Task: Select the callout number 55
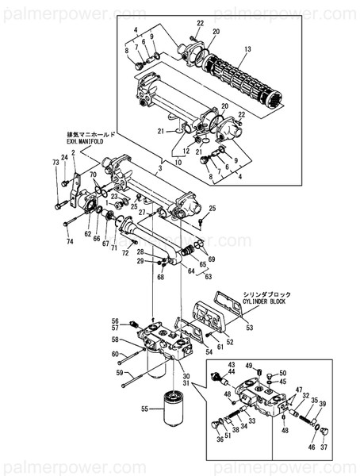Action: tap(144, 409)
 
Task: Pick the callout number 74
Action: tap(70, 241)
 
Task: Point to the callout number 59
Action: tap(120, 372)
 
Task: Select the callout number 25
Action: tap(212, 208)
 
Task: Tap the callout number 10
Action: tap(179, 163)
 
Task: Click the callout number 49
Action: tap(248, 366)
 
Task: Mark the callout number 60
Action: tap(114, 354)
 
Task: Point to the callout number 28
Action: tap(162, 252)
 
